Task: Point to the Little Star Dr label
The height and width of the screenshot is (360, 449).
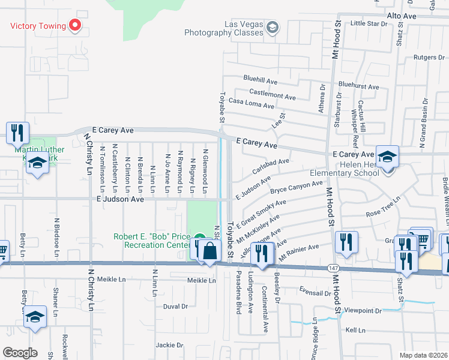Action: pos(369,23)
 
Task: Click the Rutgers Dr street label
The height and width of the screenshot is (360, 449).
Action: pos(427,58)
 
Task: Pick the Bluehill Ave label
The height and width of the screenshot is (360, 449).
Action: pos(260,79)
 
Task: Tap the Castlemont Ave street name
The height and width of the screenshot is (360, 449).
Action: pos(273,95)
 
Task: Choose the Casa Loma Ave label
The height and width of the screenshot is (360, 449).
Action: pos(252,103)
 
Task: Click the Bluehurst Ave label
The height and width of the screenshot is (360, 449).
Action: pos(358,86)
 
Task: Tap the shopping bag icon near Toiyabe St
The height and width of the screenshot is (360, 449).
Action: pos(209,250)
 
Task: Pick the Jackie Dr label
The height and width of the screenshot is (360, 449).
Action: pos(169,345)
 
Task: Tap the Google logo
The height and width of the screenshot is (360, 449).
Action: pos(20,353)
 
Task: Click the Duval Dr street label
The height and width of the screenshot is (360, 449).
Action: pos(175,306)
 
